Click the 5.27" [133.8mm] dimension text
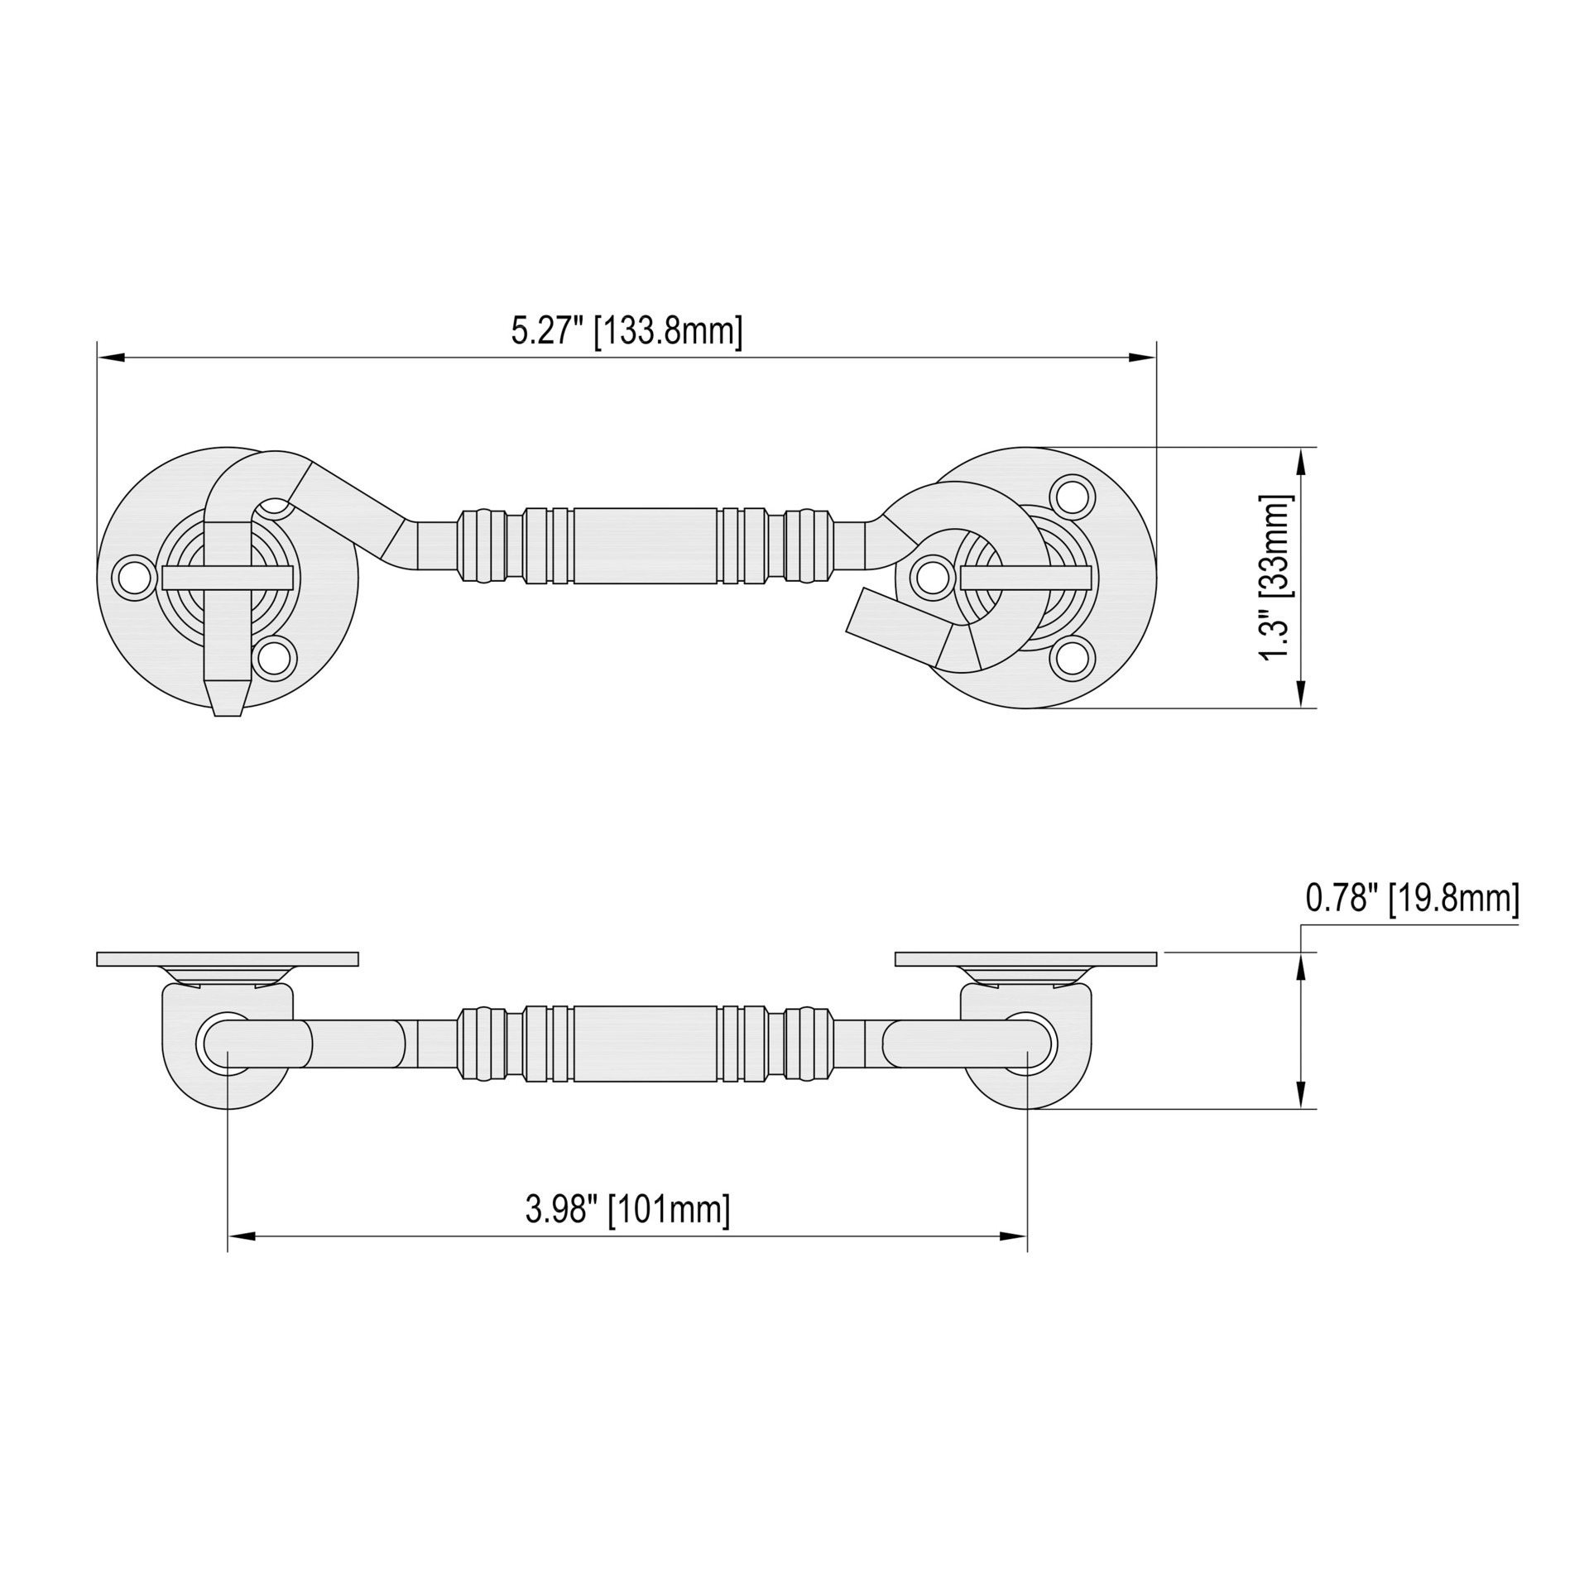[626, 331]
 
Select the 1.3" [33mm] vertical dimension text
[1275, 577]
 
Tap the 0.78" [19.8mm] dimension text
[1412, 898]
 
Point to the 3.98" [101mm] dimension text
[627, 1209]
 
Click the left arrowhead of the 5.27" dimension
[112, 357]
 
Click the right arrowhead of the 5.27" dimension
[1141, 357]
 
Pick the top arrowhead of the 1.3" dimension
[1301, 461]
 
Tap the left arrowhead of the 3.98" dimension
[242, 1236]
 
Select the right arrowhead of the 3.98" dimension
[1013, 1236]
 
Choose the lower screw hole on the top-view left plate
[274, 658]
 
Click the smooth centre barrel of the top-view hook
[646, 545]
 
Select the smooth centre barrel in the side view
[646, 1044]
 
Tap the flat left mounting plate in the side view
[228, 958]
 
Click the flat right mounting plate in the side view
[1025, 958]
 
